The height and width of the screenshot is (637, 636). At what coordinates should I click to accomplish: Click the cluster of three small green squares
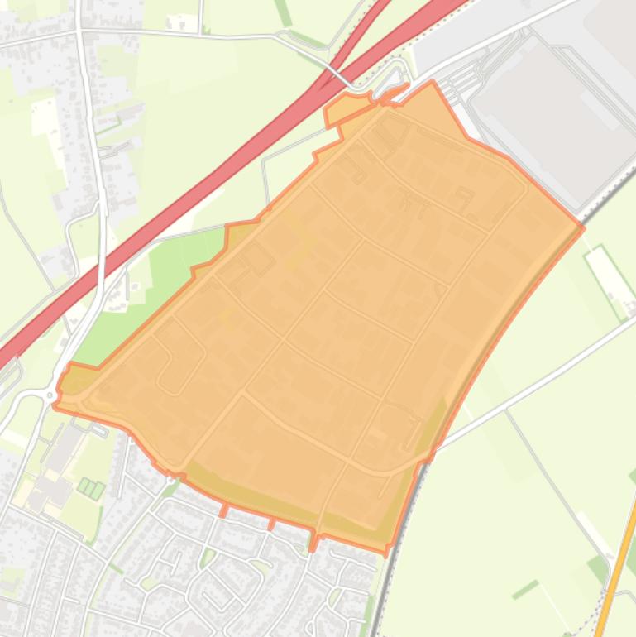pos(91,488)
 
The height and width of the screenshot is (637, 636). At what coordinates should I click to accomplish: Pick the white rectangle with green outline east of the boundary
pos(610,282)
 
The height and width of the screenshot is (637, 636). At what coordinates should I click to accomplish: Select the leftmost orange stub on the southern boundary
pos(223,509)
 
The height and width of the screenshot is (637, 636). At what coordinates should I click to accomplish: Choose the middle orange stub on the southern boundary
pos(271,524)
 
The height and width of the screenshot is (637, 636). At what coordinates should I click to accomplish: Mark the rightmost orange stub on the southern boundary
pos(313,542)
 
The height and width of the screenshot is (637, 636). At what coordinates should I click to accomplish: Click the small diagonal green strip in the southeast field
pos(524,590)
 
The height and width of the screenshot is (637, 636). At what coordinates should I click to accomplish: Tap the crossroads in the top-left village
pos(82,31)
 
